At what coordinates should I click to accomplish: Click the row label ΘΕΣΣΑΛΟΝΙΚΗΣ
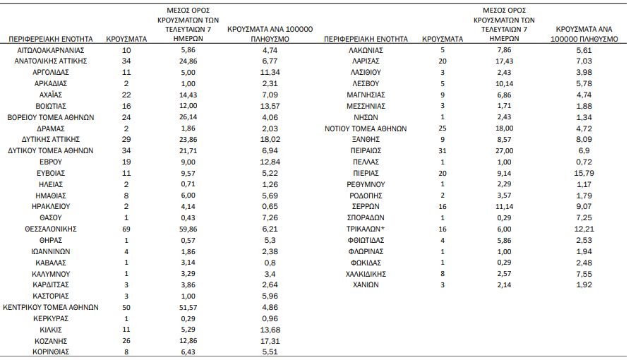point(51,229)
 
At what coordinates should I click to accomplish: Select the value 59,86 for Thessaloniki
point(188,229)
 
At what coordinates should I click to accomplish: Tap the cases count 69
point(126,229)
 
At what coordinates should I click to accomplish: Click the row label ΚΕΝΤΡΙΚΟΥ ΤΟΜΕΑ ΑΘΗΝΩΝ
point(51,307)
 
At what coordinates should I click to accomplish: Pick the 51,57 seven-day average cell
point(188,307)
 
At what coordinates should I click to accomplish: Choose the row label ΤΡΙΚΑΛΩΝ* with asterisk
point(366,229)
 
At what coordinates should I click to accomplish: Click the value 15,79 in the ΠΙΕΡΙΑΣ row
point(584,173)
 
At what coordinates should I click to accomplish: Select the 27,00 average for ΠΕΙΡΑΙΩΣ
point(504,150)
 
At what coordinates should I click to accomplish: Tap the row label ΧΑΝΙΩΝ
point(366,284)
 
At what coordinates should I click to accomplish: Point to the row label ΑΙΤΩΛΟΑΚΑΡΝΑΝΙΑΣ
point(51,50)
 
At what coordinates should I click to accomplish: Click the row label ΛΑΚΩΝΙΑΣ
point(366,50)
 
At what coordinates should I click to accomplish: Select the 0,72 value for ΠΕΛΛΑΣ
point(584,162)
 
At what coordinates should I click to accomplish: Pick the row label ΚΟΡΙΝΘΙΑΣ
point(51,352)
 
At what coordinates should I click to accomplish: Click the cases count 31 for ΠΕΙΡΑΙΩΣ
point(443,150)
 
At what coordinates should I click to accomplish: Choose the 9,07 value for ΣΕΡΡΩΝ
point(584,207)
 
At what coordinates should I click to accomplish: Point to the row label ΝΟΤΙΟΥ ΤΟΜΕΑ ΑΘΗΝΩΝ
point(366,129)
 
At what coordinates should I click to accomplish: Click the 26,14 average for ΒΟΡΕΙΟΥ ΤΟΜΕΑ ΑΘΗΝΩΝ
point(188,117)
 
